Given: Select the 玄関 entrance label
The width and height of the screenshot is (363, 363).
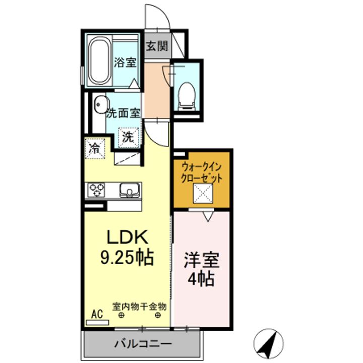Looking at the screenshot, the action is (x=157, y=46).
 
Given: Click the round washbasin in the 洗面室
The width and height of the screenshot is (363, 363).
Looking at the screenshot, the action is (x=102, y=105).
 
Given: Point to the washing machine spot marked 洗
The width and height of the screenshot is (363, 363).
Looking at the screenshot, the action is (x=129, y=138).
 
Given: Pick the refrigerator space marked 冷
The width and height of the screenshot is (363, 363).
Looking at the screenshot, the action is (x=95, y=148).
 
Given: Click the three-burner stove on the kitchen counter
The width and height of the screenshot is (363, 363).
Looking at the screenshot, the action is (x=97, y=190).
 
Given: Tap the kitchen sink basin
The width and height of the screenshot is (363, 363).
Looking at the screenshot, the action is (x=130, y=190).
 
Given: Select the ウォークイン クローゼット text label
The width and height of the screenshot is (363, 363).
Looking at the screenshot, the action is (x=202, y=172).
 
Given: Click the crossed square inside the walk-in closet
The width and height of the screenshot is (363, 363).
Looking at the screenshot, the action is (x=203, y=193).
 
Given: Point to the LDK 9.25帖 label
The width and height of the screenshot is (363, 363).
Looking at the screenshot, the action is (x=127, y=247).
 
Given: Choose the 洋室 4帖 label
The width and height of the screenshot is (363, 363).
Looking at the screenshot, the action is (x=201, y=270).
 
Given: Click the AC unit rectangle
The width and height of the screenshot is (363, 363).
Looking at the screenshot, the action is (x=97, y=323).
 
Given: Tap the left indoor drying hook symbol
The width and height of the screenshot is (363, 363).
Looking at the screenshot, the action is (x=122, y=315).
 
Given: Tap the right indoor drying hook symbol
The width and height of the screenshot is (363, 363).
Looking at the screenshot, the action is (x=158, y=315).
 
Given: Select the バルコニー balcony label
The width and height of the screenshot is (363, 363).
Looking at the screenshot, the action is (x=143, y=343).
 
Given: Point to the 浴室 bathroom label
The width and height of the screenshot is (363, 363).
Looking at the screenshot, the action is (x=125, y=62).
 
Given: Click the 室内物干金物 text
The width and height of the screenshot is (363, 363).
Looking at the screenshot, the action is (x=139, y=307).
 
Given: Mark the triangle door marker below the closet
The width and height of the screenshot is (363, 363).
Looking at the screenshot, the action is (x=208, y=217).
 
